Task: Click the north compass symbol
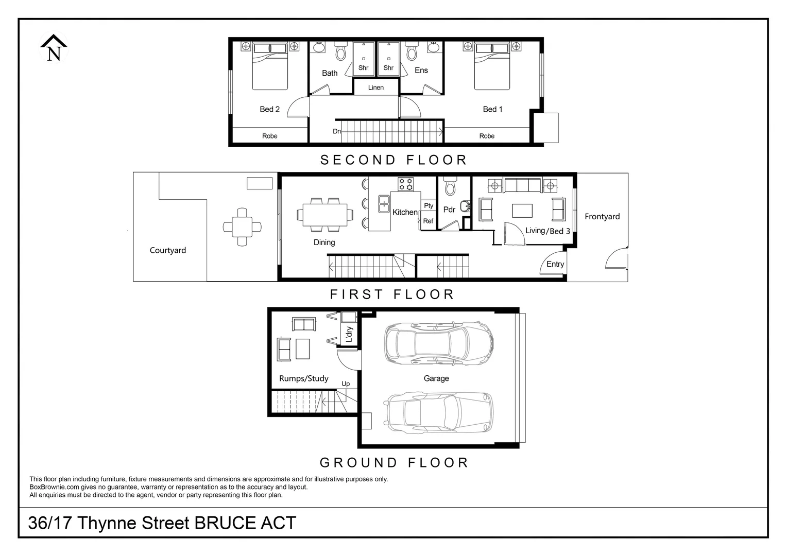54,48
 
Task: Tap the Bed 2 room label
269,109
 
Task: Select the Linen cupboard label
376,88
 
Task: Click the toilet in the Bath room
341,52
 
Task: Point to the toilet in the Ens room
412,52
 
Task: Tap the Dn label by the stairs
337,131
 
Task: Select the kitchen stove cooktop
406,184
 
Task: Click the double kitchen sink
383,204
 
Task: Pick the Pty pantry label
429,205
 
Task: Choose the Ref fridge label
428,221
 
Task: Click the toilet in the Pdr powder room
450,186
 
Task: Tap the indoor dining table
324,215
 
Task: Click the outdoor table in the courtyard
242,227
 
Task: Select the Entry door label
555,264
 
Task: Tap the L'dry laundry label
349,334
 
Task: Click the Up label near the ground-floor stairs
346,384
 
